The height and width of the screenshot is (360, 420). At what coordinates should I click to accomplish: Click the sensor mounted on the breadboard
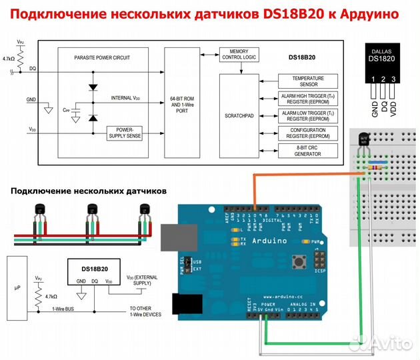point(365,139)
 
